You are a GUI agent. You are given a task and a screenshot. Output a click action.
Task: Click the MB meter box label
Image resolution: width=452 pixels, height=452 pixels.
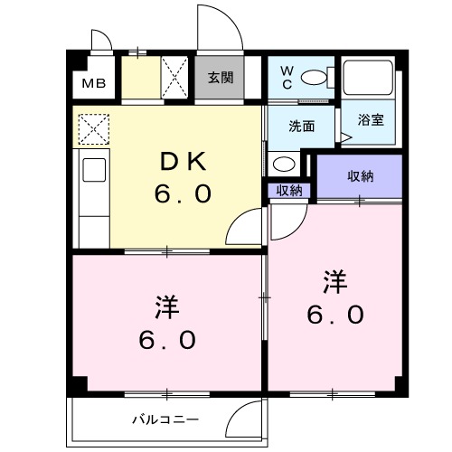[94, 85]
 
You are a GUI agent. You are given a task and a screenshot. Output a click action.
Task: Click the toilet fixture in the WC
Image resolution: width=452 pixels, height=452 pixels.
[314, 77]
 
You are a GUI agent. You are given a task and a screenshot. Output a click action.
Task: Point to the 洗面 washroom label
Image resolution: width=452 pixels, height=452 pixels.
[302, 127]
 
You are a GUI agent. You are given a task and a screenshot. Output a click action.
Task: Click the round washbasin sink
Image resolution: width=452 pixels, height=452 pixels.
[283, 164]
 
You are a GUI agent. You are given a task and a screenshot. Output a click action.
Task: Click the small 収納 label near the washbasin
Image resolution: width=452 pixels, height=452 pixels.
[289, 190]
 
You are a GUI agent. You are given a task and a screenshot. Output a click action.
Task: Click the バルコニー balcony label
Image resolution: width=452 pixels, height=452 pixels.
[165, 418]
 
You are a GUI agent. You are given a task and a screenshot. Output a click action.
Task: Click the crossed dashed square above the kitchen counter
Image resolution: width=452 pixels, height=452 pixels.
[92, 129]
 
